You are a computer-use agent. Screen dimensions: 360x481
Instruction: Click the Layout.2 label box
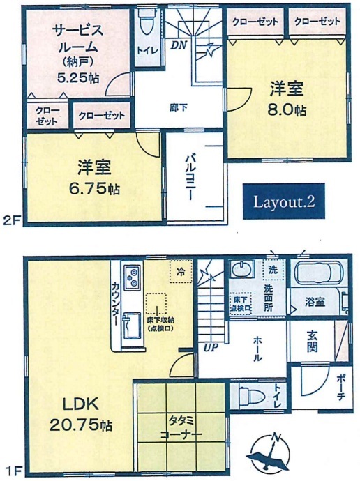pos(283,201)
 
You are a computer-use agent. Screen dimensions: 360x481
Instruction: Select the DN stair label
pos(179,45)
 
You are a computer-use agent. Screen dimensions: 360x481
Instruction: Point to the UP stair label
pos(211,347)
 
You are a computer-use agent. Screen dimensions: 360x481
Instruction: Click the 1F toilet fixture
pos(253,396)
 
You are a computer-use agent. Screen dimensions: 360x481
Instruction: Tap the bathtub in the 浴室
pos(318,271)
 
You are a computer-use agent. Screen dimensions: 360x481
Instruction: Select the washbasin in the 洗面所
pos(242,268)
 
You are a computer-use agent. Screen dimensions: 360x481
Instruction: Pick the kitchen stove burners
pos(133,277)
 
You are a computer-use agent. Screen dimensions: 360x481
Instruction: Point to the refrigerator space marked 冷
pos(181,271)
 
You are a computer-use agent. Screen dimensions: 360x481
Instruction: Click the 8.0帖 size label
pos(287,109)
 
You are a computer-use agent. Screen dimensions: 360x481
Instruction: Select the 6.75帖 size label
pos(94,188)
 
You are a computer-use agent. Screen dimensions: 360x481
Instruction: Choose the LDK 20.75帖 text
pos(80,415)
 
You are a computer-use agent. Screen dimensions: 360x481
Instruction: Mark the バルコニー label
pos(189,178)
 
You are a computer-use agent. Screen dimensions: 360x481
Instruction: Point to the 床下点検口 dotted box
pos(240,303)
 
